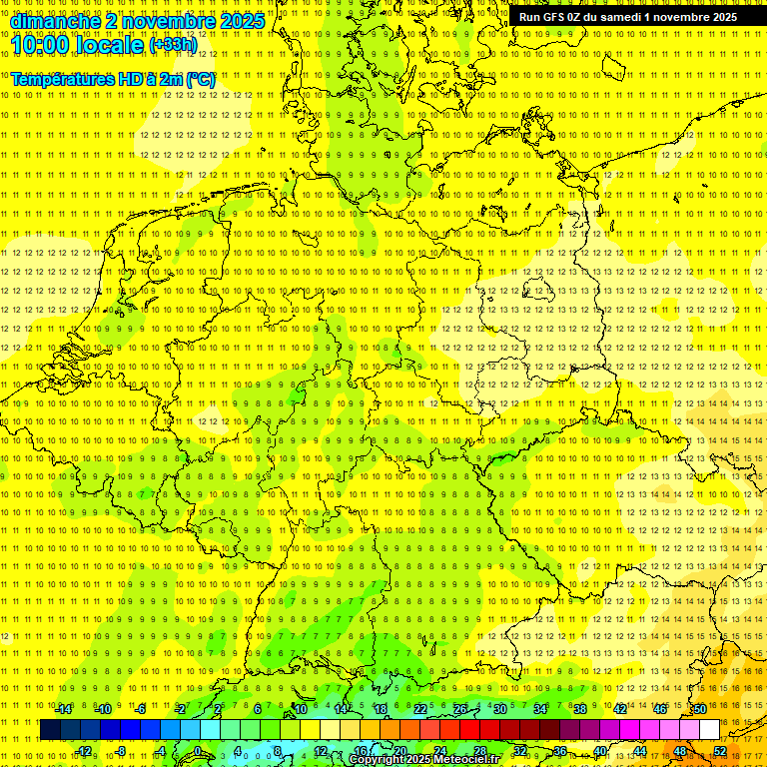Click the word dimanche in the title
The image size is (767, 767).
tap(55, 21)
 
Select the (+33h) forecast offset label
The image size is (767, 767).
tap(172, 44)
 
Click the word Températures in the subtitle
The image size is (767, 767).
tap(65, 79)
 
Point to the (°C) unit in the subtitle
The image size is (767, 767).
tap(200, 79)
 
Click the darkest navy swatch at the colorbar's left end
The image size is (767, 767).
tap(50, 730)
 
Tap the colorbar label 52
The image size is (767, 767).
tap(719, 751)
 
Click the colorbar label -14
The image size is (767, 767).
tap(64, 709)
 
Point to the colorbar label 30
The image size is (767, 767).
tap(499, 709)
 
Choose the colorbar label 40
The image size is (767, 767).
tap(599, 751)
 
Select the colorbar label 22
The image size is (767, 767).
tap(419, 709)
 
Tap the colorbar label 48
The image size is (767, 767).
tap(679, 751)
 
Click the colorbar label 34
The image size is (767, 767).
tap(539, 709)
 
